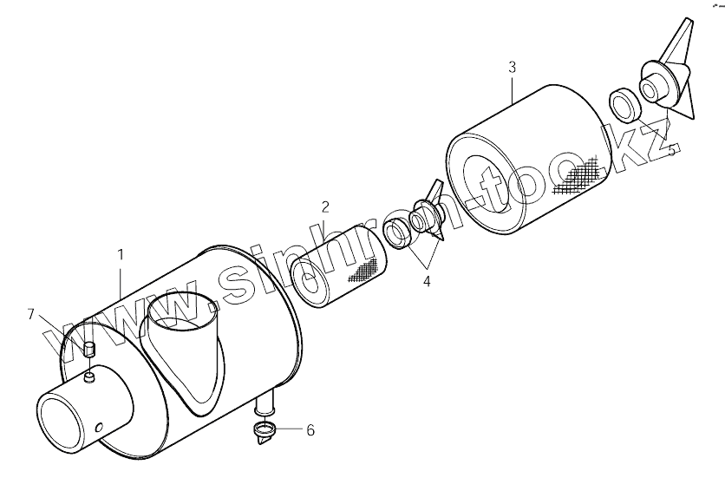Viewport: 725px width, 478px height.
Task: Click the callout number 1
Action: (121, 255)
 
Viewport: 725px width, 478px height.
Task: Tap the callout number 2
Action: (325, 207)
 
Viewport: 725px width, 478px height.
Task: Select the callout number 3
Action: (512, 68)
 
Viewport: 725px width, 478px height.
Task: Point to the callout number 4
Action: (427, 281)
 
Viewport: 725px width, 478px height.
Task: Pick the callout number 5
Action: (672, 150)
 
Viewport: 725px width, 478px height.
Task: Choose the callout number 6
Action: (310, 430)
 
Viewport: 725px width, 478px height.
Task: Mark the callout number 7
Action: (31, 315)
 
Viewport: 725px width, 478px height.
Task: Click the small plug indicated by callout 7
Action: (89, 350)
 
